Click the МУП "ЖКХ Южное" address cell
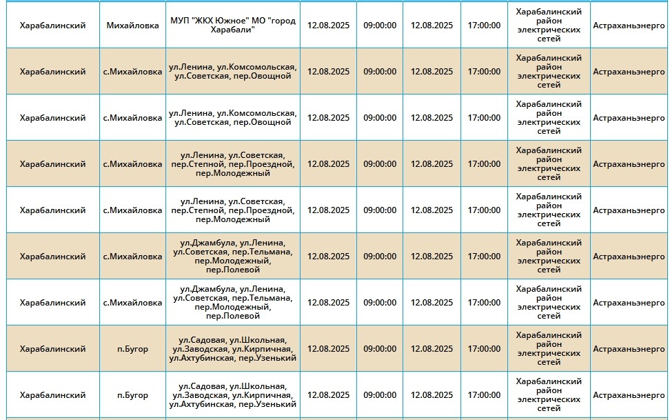233,26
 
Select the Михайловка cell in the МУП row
133,26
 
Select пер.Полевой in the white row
233,316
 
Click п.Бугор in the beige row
133,349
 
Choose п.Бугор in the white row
133,395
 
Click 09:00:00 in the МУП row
380,26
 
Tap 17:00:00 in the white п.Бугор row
484,395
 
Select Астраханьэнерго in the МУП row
629,26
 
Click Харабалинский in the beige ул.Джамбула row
53,257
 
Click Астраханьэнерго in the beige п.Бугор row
629,349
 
